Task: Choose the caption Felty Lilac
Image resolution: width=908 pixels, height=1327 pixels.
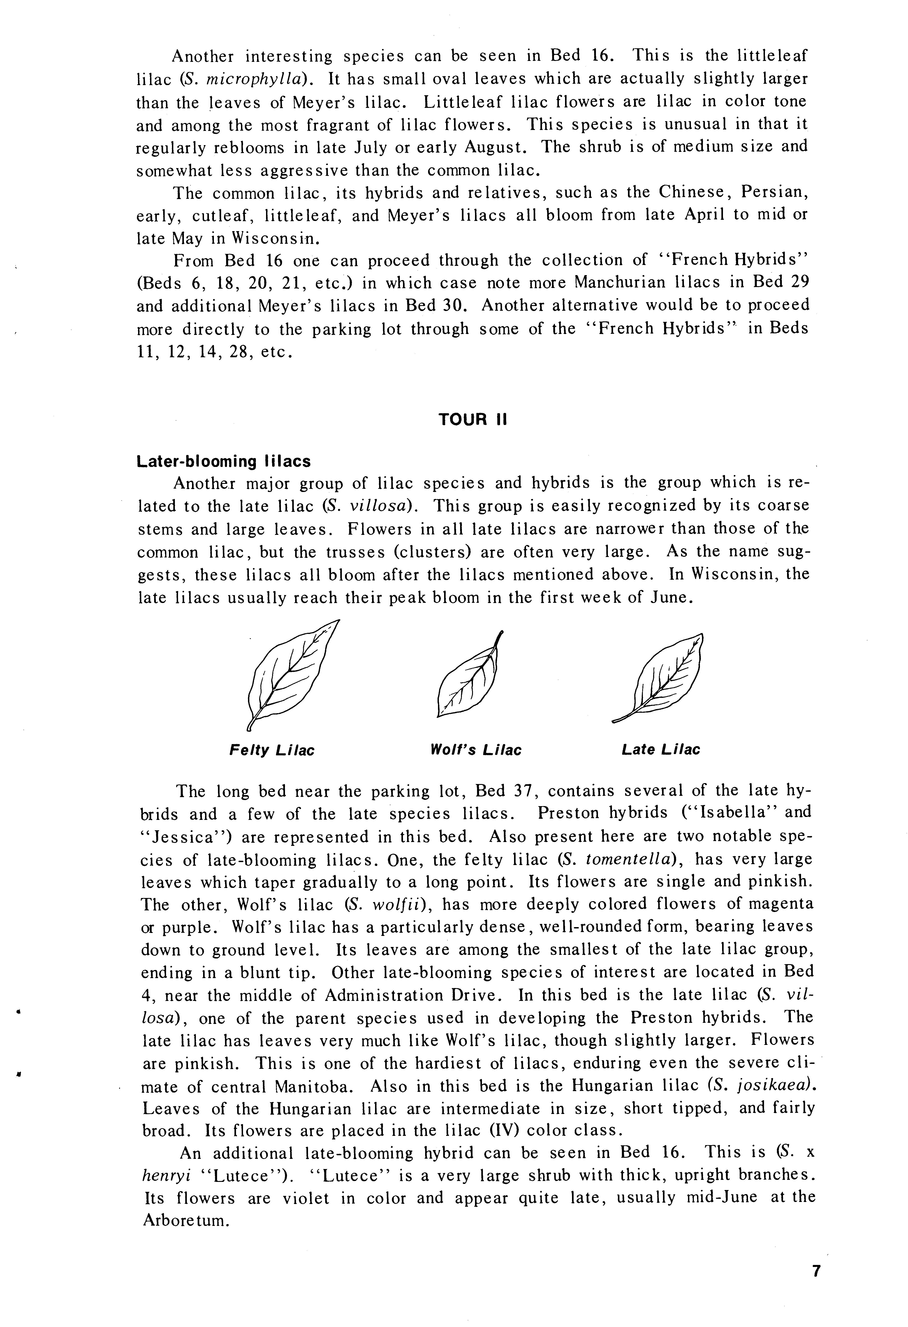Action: (x=272, y=750)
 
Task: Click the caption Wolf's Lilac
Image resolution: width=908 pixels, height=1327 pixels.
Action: (x=476, y=750)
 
